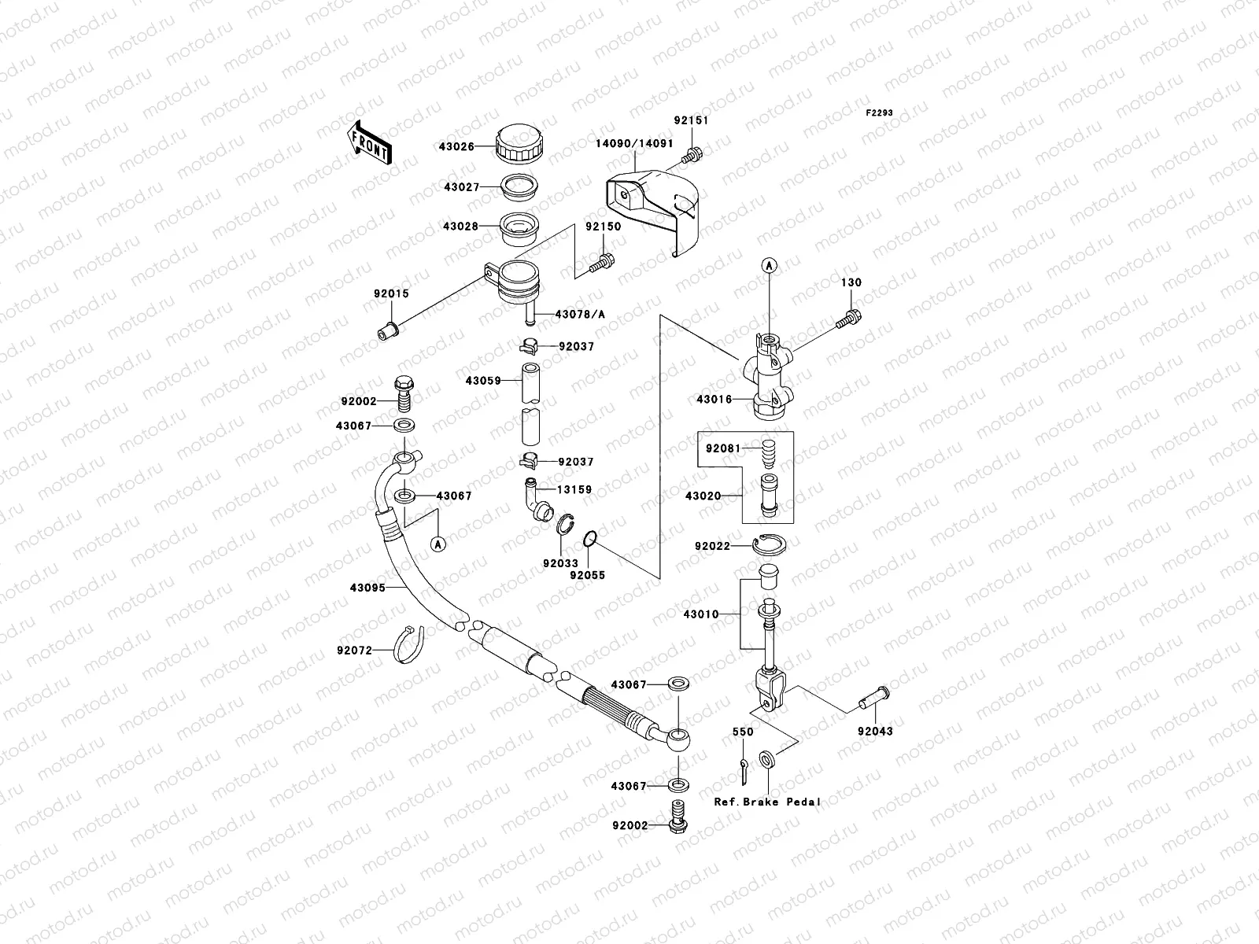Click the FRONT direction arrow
click(x=369, y=142)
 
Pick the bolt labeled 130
click(x=851, y=319)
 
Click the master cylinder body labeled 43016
click(x=770, y=378)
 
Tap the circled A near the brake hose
click(x=438, y=544)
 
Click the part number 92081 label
click(x=722, y=448)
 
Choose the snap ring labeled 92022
click(x=770, y=544)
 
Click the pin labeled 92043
click(x=874, y=697)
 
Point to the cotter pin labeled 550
click(x=744, y=770)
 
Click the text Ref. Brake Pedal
click(x=767, y=802)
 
